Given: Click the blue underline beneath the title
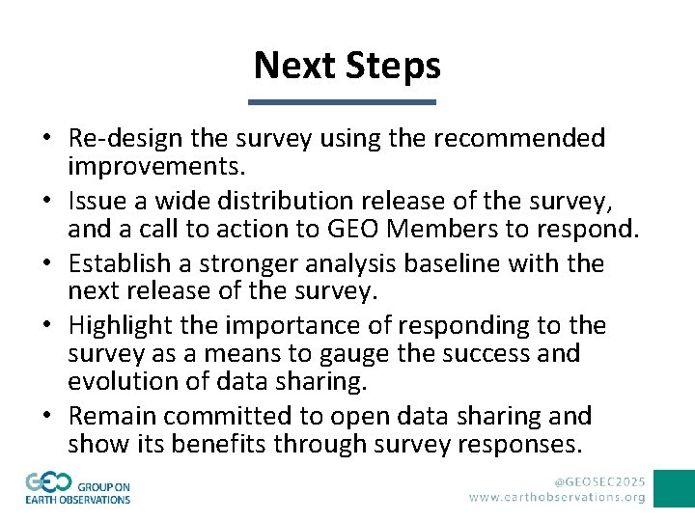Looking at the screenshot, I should click(343, 102).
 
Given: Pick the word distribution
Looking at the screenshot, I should click(279, 202).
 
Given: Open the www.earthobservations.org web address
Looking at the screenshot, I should click(558, 498).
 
